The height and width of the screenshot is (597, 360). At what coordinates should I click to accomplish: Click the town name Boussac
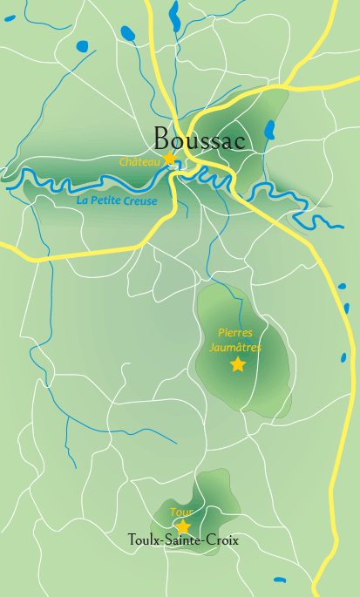pos(199,139)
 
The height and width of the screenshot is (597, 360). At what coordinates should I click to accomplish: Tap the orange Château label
pos(139,162)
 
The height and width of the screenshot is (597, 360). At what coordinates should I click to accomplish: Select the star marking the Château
pos(169,159)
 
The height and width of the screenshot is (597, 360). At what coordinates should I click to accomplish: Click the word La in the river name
pos(83,200)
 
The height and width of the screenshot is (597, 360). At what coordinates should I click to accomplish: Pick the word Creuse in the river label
pos(140,201)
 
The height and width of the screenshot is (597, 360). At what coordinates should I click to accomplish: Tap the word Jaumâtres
pos(235,346)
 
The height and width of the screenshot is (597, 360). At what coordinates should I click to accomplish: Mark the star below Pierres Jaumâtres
pos(238,364)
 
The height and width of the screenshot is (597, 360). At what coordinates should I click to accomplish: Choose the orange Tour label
pos(181,512)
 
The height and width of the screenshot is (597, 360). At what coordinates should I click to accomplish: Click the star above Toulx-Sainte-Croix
pos(183,526)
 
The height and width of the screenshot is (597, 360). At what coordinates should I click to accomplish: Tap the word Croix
pos(222,541)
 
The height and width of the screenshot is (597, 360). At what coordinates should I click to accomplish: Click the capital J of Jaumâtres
pos(212,346)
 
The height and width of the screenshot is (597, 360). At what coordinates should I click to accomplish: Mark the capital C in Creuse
pos(127,201)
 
